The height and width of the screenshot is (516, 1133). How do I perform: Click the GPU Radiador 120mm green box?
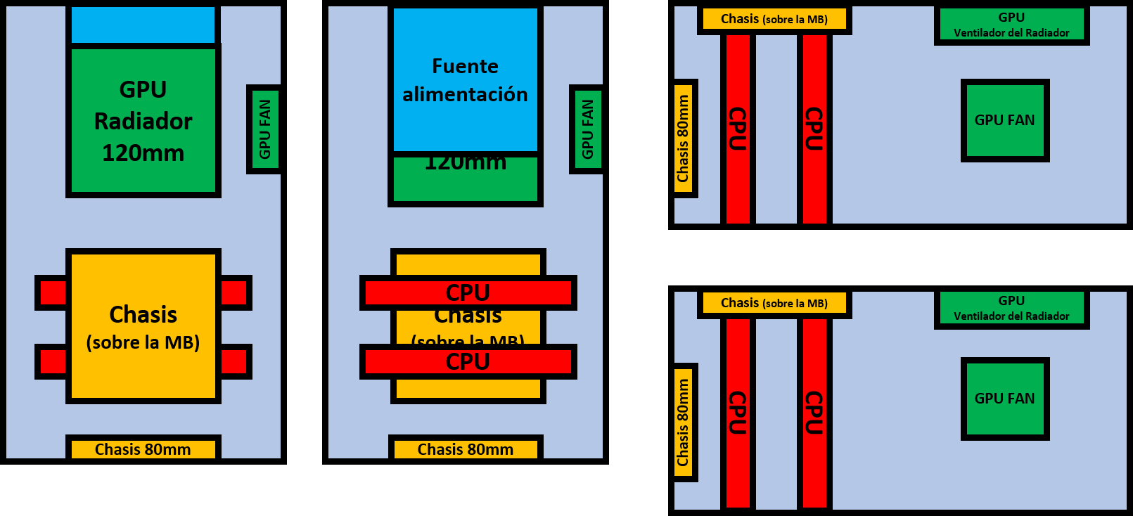(x=143, y=120)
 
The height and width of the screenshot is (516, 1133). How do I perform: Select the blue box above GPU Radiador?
(x=143, y=25)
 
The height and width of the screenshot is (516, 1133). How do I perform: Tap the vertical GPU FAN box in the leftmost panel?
(x=264, y=129)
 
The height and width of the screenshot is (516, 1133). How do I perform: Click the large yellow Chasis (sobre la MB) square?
(x=143, y=326)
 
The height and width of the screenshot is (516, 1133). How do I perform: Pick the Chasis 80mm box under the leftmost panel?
(x=143, y=449)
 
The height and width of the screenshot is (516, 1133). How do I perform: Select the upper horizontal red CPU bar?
(x=468, y=292)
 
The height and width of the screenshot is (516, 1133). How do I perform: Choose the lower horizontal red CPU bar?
(x=468, y=361)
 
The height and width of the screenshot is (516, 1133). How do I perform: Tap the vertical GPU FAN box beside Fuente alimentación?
(x=587, y=129)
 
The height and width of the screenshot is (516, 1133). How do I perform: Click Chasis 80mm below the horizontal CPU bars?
(x=466, y=449)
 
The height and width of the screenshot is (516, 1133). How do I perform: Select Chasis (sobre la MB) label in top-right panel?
(x=774, y=20)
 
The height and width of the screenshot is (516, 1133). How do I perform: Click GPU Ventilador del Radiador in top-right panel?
(x=1011, y=25)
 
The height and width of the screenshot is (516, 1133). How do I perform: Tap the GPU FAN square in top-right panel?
(x=1005, y=120)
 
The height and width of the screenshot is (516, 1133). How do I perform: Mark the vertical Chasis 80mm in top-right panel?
(x=684, y=138)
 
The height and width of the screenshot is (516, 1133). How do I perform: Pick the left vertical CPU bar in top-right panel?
(x=738, y=129)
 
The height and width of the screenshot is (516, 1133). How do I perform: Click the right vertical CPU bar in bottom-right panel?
(x=814, y=413)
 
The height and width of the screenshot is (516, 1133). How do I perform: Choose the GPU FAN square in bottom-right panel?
(x=1005, y=399)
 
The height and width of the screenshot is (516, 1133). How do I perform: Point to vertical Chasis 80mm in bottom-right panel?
(x=684, y=423)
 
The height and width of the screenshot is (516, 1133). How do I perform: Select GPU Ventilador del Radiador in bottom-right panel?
(x=1011, y=308)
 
